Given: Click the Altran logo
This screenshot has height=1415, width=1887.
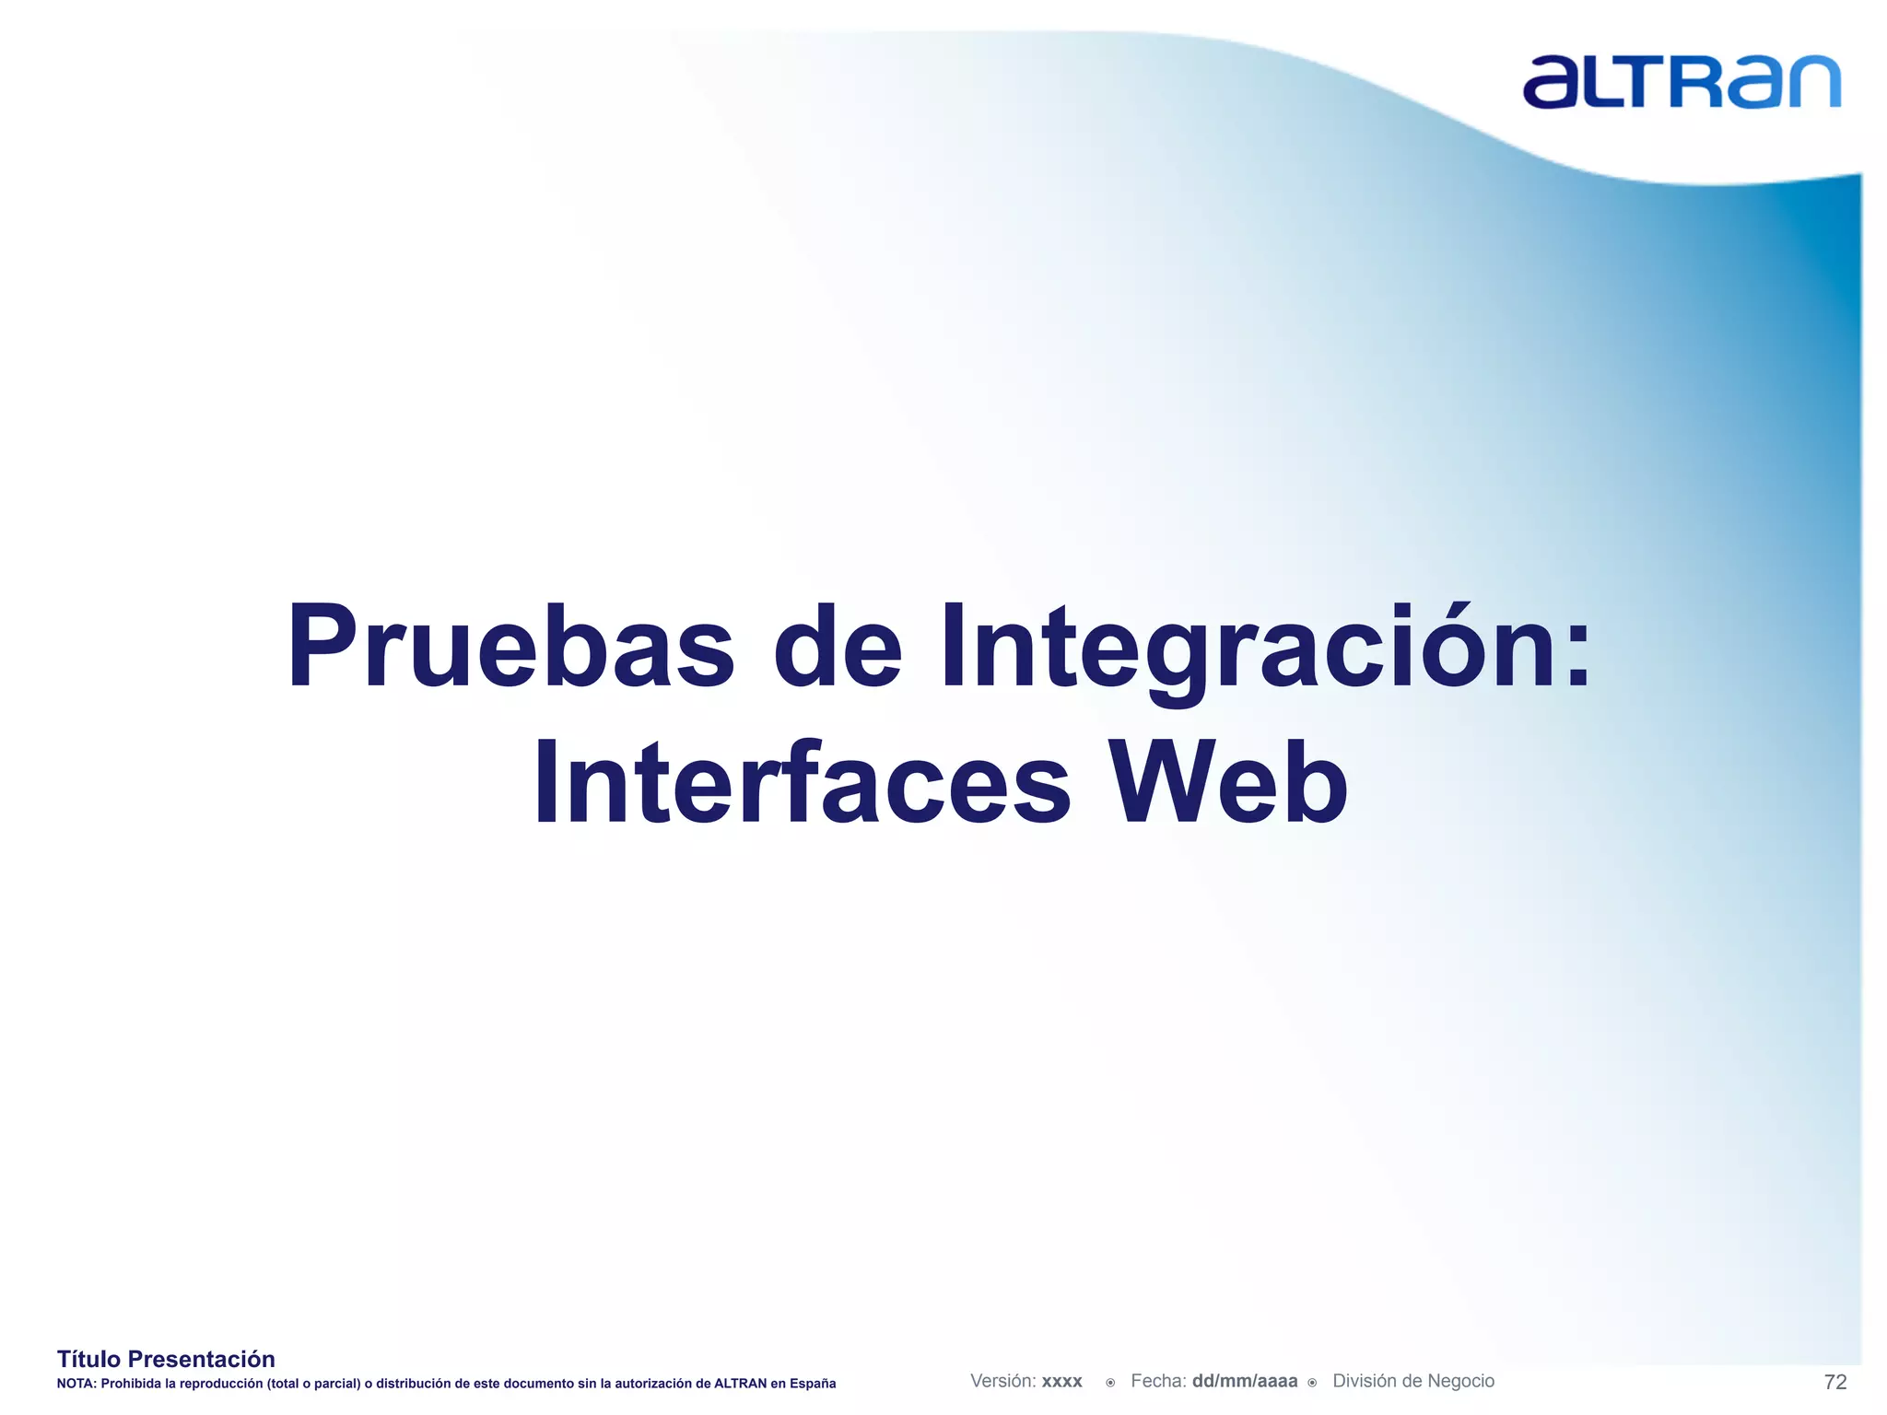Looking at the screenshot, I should click(1681, 82).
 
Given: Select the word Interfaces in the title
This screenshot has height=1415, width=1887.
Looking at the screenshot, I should click(802, 784).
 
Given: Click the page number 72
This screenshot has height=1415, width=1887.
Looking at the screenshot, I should click(1834, 1382).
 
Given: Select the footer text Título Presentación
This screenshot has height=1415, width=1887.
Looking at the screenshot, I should click(166, 1359).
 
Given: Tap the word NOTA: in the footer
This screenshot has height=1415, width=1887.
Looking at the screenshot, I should click(76, 1384).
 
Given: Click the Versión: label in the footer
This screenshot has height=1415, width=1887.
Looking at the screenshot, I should click(1003, 1381).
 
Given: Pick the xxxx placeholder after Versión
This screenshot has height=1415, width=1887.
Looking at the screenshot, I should click(1061, 1382).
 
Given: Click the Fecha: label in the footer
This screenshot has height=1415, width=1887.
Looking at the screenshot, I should click(1158, 1381).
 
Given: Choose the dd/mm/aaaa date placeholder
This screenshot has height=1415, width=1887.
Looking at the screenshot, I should click(1244, 1381).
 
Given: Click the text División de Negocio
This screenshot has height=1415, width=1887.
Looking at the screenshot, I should click(1412, 1381).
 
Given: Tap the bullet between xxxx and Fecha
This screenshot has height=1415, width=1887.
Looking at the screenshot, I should click(1110, 1383).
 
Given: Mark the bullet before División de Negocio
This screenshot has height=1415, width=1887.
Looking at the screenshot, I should click(1312, 1383).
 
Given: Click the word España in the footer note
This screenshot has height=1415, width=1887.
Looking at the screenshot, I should click(813, 1384).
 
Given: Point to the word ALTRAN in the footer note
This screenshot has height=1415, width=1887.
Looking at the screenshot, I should click(740, 1384).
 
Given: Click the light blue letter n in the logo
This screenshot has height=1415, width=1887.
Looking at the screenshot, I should click(1810, 83).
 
